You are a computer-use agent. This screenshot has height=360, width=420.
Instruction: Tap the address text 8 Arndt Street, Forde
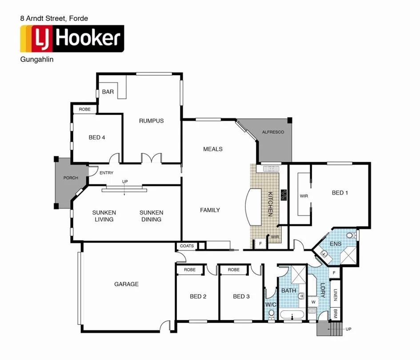click(54, 18)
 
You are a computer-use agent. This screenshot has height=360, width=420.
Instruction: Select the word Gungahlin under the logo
click(37, 60)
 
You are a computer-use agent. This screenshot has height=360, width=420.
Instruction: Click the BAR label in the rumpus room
click(108, 92)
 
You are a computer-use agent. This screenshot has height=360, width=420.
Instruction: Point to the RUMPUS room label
click(151, 121)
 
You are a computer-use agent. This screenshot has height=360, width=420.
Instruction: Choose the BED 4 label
click(97, 137)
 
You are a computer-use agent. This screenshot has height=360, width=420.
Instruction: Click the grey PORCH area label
click(70, 178)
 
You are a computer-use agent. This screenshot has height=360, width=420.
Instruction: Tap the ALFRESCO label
click(273, 132)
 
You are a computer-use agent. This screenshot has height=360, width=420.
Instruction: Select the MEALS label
click(212, 149)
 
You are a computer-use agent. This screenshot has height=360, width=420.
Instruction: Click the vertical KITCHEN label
click(269, 204)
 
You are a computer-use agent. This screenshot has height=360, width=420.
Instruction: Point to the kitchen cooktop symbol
click(284, 195)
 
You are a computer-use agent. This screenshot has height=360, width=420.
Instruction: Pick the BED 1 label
click(340, 192)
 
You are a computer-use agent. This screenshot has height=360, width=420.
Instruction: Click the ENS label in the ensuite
click(335, 244)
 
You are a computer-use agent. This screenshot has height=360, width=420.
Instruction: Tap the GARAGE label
click(126, 284)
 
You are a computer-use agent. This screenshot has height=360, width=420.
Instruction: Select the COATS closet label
click(187, 246)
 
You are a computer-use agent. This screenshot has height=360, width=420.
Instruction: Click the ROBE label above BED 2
click(190, 270)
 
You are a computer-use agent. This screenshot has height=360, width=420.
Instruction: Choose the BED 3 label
click(241, 296)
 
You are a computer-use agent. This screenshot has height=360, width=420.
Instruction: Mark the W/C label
click(271, 304)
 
